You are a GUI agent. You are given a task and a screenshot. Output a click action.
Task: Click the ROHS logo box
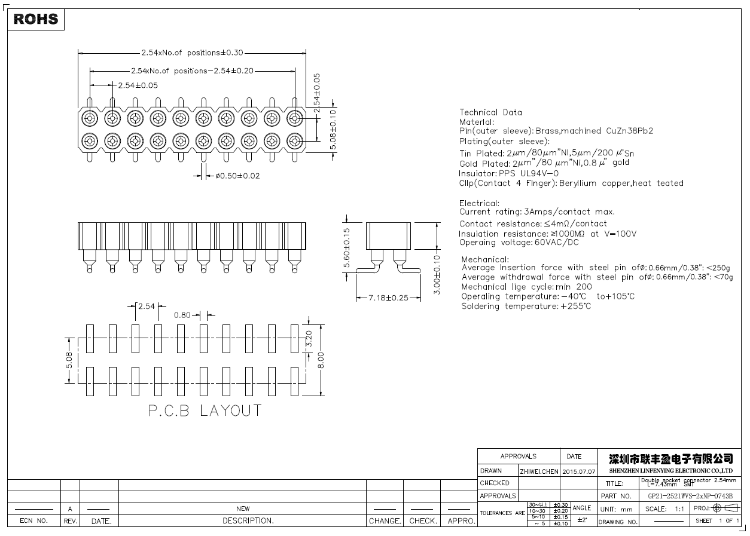(36, 19)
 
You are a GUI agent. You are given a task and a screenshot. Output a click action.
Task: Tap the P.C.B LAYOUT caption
(205, 411)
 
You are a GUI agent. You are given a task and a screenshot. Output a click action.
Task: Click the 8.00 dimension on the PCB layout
(322, 360)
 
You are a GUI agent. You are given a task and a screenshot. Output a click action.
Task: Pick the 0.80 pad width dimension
(182, 315)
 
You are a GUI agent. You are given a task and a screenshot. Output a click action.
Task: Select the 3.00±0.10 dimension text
(437, 275)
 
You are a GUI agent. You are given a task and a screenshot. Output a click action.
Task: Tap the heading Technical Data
(490, 112)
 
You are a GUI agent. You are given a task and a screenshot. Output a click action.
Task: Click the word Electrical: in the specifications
(479, 203)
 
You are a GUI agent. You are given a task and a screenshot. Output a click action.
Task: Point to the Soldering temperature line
(526, 306)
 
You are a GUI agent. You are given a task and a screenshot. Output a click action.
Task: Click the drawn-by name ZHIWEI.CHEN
(539, 471)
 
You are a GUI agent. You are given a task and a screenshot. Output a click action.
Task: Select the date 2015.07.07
(579, 471)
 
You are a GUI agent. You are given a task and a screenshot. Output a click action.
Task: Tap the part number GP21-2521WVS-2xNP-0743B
(690, 496)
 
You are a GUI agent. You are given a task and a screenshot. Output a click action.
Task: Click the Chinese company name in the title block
(670, 459)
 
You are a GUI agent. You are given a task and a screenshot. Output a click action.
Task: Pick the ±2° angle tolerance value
(581, 520)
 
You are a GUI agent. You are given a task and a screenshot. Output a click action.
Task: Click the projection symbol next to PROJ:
(725, 509)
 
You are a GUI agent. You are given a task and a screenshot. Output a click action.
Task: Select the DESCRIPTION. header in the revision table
(248, 520)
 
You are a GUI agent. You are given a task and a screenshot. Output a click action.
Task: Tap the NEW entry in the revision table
(243, 509)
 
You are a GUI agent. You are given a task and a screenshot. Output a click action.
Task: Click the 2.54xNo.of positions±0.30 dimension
(192, 53)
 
